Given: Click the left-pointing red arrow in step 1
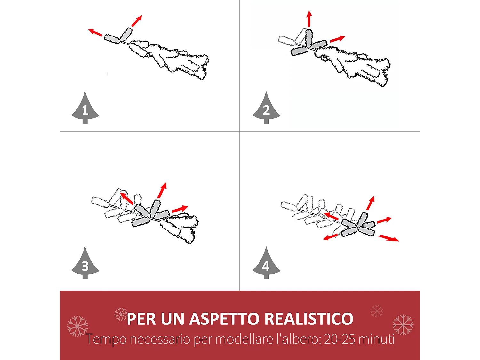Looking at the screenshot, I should pyautogui.click(x=95, y=32).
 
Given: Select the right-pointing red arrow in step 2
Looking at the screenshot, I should pyautogui.click(x=337, y=39).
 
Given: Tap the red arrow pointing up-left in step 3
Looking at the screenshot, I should pyautogui.click(x=127, y=198).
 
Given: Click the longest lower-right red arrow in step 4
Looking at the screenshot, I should pyautogui.click(x=388, y=238).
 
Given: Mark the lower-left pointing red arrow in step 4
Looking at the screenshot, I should pyautogui.click(x=331, y=237).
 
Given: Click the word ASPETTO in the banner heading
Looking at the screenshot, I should pyautogui.click(x=224, y=319).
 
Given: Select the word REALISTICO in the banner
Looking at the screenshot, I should pyautogui.click(x=309, y=319).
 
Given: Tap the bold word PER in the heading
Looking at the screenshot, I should pyautogui.click(x=141, y=319).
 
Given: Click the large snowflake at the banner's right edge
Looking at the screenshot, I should pyautogui.click(x=403, y=325).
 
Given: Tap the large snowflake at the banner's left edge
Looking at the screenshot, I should pyautogui.click(x=77, y=326).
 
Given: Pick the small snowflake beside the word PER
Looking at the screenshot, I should pyautogui.click(x=121, y=314).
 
